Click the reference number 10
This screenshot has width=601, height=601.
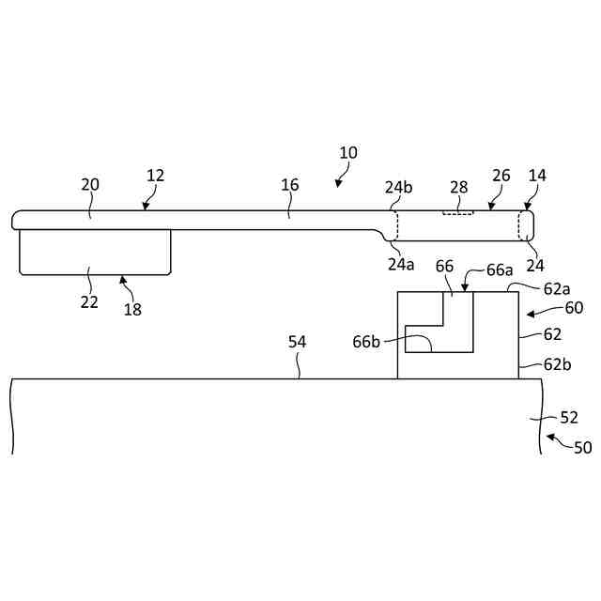tap(348, 152)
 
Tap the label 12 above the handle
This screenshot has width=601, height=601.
tap(156, 176)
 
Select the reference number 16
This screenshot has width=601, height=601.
tap(290, 185)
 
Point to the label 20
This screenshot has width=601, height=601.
tap(90, 185)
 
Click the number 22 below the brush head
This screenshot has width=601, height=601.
tap(89, 301)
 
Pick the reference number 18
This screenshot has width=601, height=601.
tap(133, 309)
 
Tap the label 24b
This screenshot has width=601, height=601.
tap(399, 186)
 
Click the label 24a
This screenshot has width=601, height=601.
tap(401, 264)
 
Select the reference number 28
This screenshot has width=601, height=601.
tap(458, 186)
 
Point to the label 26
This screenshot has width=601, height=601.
tap(501, 176)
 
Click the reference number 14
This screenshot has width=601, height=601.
tap(538, 176)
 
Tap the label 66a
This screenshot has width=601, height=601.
tap(499, 269)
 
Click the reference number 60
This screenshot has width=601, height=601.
tap(574, 307)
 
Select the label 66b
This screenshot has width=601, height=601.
tap(366, 342)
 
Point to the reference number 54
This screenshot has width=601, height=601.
tap(297, 342)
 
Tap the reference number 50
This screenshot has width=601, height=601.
tap(582, 447)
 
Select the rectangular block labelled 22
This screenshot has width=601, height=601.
tap(95, 251)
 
